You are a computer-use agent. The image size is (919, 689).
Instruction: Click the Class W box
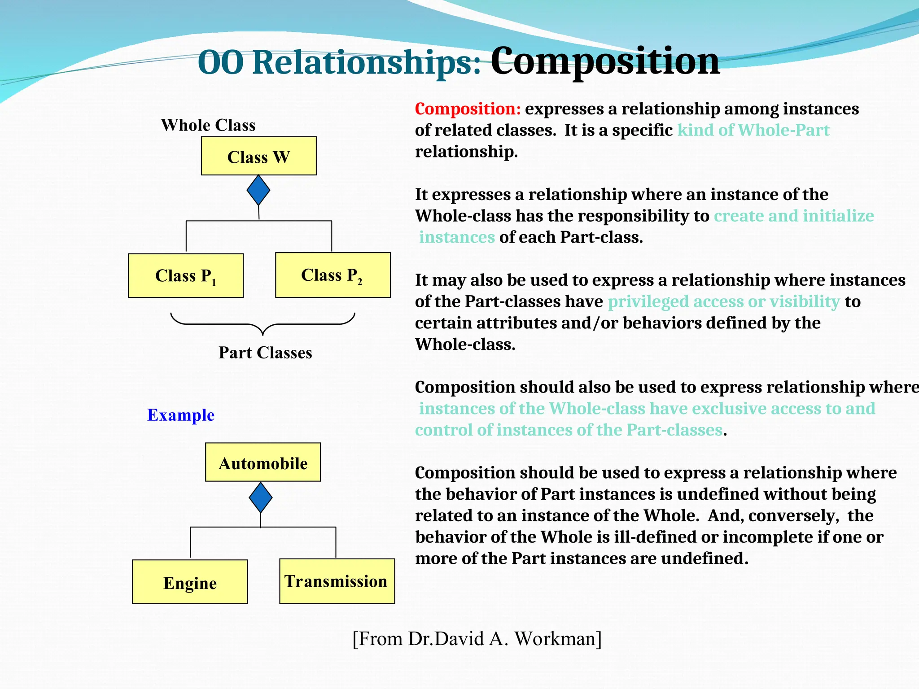[x=258, y=156]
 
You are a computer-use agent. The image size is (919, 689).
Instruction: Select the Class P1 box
[x=185, y=275]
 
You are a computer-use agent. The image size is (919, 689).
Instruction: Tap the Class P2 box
[x=333, y=275]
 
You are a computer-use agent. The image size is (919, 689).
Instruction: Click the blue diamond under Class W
[x=258, y=190]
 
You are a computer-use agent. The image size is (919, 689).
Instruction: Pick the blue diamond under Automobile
[x=261, y=497]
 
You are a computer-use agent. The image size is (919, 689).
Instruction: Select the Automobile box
[x=263, y=462]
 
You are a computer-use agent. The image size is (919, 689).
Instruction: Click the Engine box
[x=190, y=582]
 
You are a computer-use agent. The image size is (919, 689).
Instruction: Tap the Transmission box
[x=337, y=581]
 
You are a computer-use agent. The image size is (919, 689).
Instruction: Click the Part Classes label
[x=265, y=353]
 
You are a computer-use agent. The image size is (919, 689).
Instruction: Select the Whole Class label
[x=208, y=125]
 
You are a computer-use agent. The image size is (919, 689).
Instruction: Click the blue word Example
[x=181, y=415]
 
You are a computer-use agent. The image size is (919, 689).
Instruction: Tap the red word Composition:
[x=468, y=109]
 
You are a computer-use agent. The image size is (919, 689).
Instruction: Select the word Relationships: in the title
[x=367, y=63]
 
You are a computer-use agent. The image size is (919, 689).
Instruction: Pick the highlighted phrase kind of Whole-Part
[x=753, y=130]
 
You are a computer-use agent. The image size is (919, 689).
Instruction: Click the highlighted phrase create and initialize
[x=793, y=216]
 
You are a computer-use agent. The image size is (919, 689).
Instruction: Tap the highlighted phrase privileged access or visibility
[x=723, y=301]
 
